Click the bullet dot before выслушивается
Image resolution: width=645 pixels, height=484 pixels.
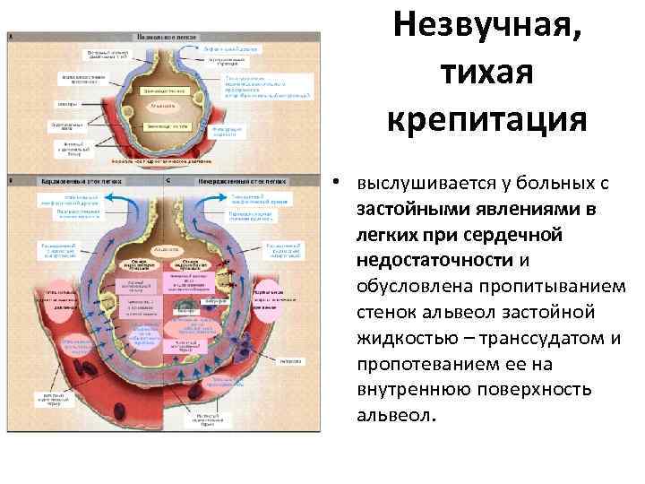click(x=333, y=184)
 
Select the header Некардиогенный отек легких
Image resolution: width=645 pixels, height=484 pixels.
click(x=243, y=180)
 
